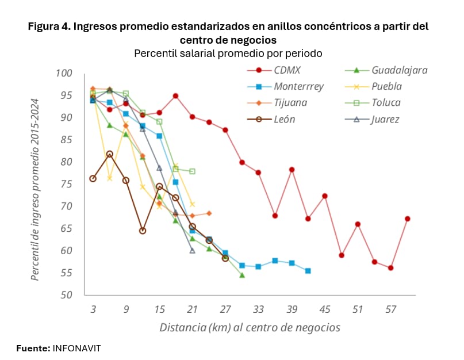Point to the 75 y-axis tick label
coord(67,184)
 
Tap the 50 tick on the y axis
coord(67,295)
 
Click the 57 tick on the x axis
coord(391,309)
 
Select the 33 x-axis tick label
coord(258,309)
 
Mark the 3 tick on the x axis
coord(93,309)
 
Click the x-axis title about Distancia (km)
coord(250,328)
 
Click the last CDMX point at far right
coord(407,219)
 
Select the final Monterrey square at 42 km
coord(308,271)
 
